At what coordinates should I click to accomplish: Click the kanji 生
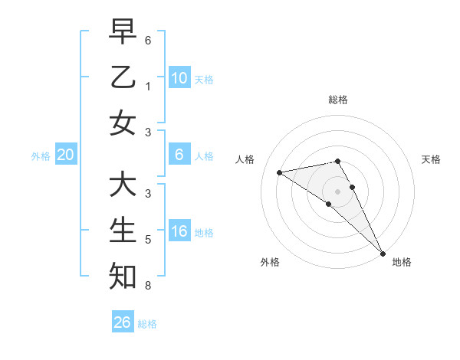point(122,230)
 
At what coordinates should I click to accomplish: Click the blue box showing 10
point(179,77)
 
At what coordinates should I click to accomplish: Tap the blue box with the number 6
point(179,155)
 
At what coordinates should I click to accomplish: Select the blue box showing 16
point(179,231)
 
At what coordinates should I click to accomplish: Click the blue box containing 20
point(65,155)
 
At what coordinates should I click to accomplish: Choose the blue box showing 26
point(123,322)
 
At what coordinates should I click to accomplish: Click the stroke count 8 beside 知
point(147,286)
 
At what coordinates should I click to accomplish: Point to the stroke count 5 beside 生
point(147,240)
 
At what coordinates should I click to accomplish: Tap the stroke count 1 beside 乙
point(147,87)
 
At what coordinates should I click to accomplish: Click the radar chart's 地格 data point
point(382,253)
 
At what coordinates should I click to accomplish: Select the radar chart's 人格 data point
point(279,172)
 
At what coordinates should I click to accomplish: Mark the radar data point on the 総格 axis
point(337,161)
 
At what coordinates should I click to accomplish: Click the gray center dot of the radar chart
point(337,191)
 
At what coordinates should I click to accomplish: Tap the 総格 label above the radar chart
point(337,100)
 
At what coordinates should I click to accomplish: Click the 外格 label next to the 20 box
point(41,156)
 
